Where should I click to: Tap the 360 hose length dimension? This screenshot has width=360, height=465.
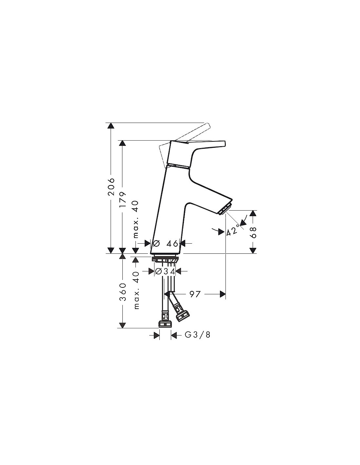pyautogui.click(x=123, y=292)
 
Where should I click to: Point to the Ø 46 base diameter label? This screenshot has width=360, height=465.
pyautogui.click(x=165, y=243)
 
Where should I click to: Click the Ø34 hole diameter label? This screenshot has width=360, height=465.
pyautogui.click(x=165, y=271)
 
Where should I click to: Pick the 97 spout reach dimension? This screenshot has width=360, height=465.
pyautogui.click(x=195, y=294)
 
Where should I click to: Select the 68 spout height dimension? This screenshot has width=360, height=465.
pyautogui.click(x=253, y=232)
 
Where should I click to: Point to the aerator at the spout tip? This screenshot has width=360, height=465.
pyautogui.click(x=225, y=208)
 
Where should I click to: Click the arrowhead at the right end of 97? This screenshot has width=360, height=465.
pyautogui.click(x=223, y=294)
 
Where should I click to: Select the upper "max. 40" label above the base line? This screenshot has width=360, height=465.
pyautogui.click(x=136, y=219)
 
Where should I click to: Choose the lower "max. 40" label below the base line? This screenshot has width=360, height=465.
pyautogui.click(x=136, y=290)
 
